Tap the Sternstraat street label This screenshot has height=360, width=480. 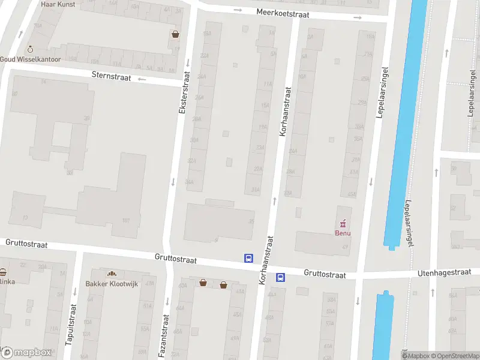[111, 76]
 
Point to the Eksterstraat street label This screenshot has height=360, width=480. [184, 94]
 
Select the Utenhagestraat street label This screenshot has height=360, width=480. [443, 274]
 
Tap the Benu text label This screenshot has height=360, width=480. [343, 233]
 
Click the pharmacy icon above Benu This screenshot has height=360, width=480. [343, 224]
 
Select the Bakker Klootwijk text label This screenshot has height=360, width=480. [111, 283]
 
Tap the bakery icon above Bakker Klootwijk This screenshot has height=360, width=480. [111, 274]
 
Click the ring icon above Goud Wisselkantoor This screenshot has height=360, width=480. [31, 49]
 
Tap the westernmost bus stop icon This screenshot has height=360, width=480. [248, 258]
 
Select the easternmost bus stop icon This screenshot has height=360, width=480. [280, 277]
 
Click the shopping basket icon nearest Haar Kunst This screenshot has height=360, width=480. [175, 34]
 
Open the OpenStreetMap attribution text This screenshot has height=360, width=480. [455, 356]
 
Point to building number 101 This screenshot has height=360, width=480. [126, 220]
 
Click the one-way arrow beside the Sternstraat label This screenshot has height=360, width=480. [142, 79]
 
